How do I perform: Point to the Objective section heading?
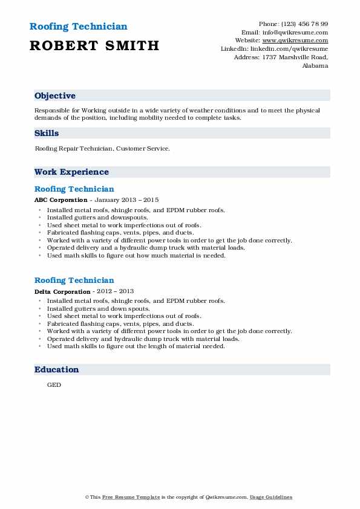(55, 96)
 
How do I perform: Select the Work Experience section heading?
(71, 172)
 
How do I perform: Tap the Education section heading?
(57, 369)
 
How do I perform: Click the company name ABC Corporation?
(59, 199)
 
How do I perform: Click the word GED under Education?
(54, 384)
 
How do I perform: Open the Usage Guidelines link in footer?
(272, 497)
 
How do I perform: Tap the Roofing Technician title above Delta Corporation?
(74, 280)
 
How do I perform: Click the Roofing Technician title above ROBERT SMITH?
(79, 27)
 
